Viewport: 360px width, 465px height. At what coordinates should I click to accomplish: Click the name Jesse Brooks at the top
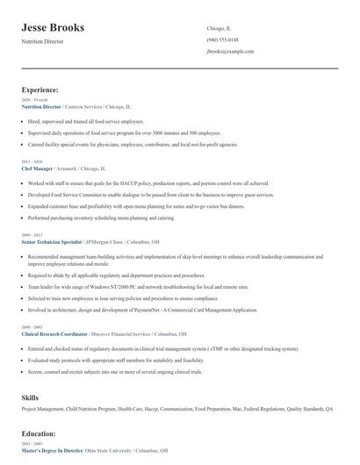pyautogui.click(x=54, y=28)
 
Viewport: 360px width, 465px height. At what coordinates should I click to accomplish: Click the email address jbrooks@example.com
pyautogui.click(x=230, y=52)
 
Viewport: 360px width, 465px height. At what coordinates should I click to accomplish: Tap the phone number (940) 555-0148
pyautogui.click(x=222, y=39)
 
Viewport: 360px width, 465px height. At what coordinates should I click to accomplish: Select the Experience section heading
pyautogui.click(x=40, y=89)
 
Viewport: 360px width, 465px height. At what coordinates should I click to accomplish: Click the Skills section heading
pyautogui.click(x=30, y=398)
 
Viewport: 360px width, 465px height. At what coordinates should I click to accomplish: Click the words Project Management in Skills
pyautogui.click(x=44, y=410)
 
